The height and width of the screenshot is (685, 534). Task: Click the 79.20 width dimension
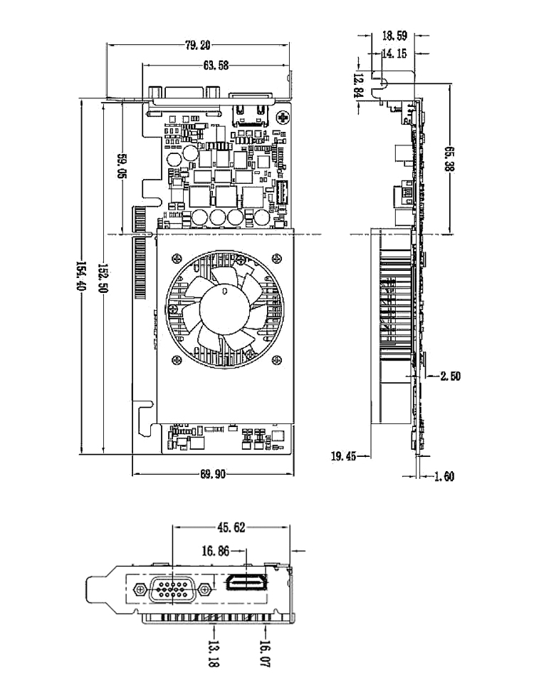coord(198,46)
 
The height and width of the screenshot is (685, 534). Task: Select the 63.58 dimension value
coord(216,66)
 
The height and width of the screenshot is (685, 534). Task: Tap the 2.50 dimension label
coord(451,376)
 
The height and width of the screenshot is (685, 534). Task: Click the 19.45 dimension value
coord(345,455)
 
